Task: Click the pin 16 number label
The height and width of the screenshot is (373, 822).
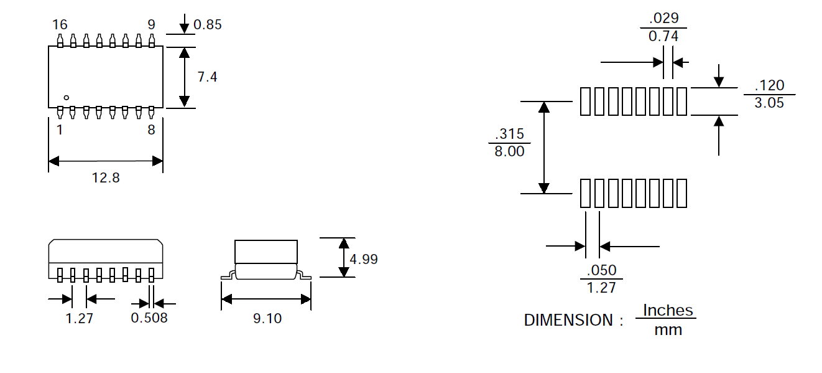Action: pos(60,25)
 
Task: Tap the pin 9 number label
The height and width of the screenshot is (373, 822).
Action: pos(151,25)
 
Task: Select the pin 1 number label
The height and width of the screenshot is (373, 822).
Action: pos(60,130)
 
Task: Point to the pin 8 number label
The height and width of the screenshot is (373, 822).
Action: pos(151,130)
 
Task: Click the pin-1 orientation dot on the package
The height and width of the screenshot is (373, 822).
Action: pos(67,98)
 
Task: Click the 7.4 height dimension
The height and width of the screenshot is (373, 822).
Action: pos(207,77)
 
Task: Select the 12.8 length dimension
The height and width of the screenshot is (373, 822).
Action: pos(106,178)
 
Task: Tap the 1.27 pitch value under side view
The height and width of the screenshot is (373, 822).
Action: pos(79,318)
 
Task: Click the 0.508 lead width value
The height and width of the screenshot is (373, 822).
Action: pos(149,318)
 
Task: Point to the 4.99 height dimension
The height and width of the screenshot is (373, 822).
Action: pos(364,259)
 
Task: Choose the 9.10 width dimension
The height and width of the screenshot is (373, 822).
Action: pos(267,318)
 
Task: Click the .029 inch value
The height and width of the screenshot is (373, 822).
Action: pos(663,18)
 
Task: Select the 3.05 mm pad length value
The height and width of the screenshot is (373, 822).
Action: pos(769,103)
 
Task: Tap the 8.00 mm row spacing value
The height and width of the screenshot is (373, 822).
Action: pos(509,151)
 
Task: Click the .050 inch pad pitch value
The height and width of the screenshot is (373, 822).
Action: pos(601,270)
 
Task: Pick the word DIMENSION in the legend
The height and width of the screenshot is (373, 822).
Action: pos(568,321)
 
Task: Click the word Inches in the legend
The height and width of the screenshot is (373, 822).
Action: pos(667,310)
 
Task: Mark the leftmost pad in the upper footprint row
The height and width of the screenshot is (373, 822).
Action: pos(584,102)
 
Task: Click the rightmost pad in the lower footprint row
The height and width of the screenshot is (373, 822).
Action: pos(682,193)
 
